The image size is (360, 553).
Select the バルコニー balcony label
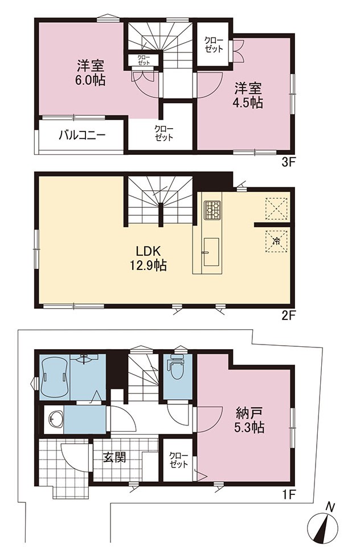82,135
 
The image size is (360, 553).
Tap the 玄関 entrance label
114,457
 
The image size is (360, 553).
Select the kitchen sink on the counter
211,252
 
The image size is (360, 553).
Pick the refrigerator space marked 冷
276,242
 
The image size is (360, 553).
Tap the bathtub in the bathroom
55,377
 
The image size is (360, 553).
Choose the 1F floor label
288,495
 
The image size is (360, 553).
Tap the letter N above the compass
330,507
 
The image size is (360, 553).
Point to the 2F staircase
161,201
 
